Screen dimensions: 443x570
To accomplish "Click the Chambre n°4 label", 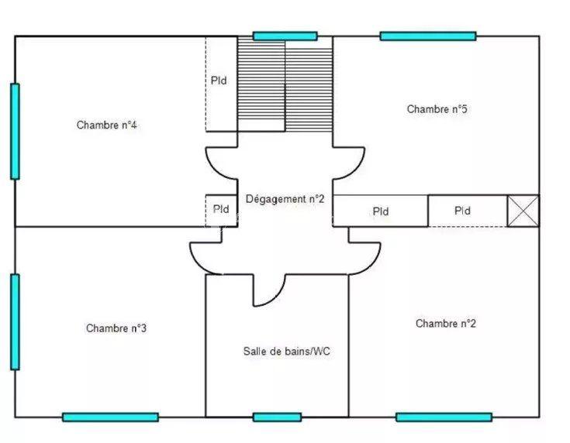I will [107, 125].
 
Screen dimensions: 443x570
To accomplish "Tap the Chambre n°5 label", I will [437, 109].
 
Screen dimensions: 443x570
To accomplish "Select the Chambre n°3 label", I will [116, 328].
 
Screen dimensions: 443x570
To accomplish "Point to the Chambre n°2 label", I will [446, 324].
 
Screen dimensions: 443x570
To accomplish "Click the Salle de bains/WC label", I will [287, 351].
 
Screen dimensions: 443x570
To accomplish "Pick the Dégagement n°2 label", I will [285, 199].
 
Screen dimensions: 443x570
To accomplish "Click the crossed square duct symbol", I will [523, 211].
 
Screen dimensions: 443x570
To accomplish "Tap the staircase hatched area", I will [285, 85].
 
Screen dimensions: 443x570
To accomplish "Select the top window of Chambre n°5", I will [427, 36].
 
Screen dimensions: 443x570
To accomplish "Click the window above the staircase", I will [285, 36].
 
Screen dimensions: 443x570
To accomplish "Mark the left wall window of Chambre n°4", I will [15, 132].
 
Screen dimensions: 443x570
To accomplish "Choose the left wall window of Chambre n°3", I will [15, 321].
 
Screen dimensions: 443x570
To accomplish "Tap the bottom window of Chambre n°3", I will [110, 417].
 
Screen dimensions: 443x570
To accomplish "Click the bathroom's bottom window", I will [277, 417].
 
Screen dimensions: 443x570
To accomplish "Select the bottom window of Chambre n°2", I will [444, 417].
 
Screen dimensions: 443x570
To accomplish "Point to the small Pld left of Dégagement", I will [220, 209].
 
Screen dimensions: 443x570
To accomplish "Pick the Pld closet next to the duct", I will [463, 211].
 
